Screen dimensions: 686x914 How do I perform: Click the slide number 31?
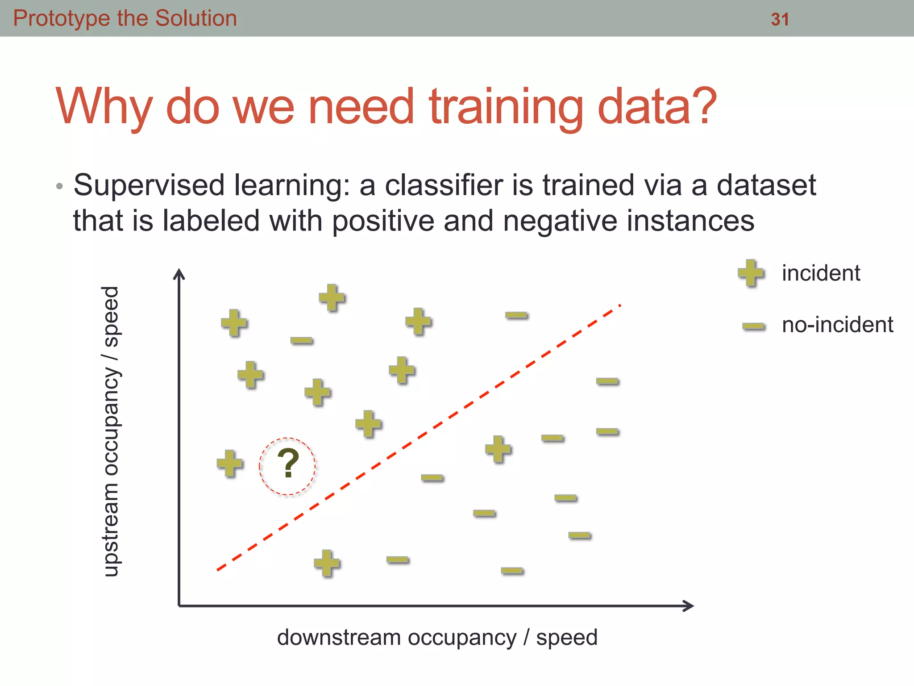(x=780, y=19)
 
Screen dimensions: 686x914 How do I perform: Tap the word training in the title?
(x=506, y=107)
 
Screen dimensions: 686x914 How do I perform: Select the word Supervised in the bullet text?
(x=149, y=185)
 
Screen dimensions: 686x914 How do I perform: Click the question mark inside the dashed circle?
(x=288, y=464)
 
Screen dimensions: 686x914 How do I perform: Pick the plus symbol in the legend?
(x=751, y=272)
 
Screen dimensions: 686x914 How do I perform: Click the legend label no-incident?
(x=837, y=325)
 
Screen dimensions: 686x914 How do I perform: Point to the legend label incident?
(x=821, y=273)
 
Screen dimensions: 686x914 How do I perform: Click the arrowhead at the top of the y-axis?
(x=179, y=273)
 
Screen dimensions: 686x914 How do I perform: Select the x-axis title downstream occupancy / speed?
(x=437, y=637)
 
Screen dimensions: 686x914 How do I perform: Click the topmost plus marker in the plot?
(x=332, y=297)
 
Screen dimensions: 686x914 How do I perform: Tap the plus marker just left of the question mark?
(x=230, y=463)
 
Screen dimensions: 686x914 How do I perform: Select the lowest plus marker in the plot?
(x=327, y=563)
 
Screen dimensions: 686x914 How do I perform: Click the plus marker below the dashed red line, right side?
(x=498, y=449)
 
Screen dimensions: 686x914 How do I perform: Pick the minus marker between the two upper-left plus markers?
(x=301, y=341)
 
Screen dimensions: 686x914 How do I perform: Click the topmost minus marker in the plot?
(x=516, y=316)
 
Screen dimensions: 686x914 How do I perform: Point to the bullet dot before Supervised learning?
(x=59, y=186)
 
